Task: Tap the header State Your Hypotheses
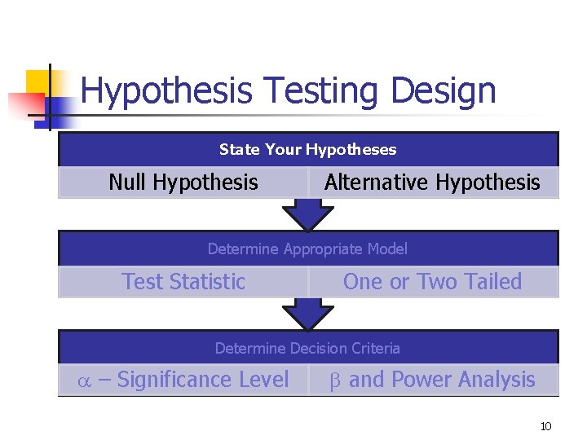307,149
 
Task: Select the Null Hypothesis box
183,183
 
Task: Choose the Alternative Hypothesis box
432,183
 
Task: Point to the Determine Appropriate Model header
307,249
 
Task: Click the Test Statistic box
183,282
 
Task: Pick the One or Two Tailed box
432,282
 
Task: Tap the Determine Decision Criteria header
307,348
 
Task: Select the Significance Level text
203,380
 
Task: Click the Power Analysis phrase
465,380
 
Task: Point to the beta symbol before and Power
335,381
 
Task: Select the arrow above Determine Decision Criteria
307,315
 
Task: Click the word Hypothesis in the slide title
166,90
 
